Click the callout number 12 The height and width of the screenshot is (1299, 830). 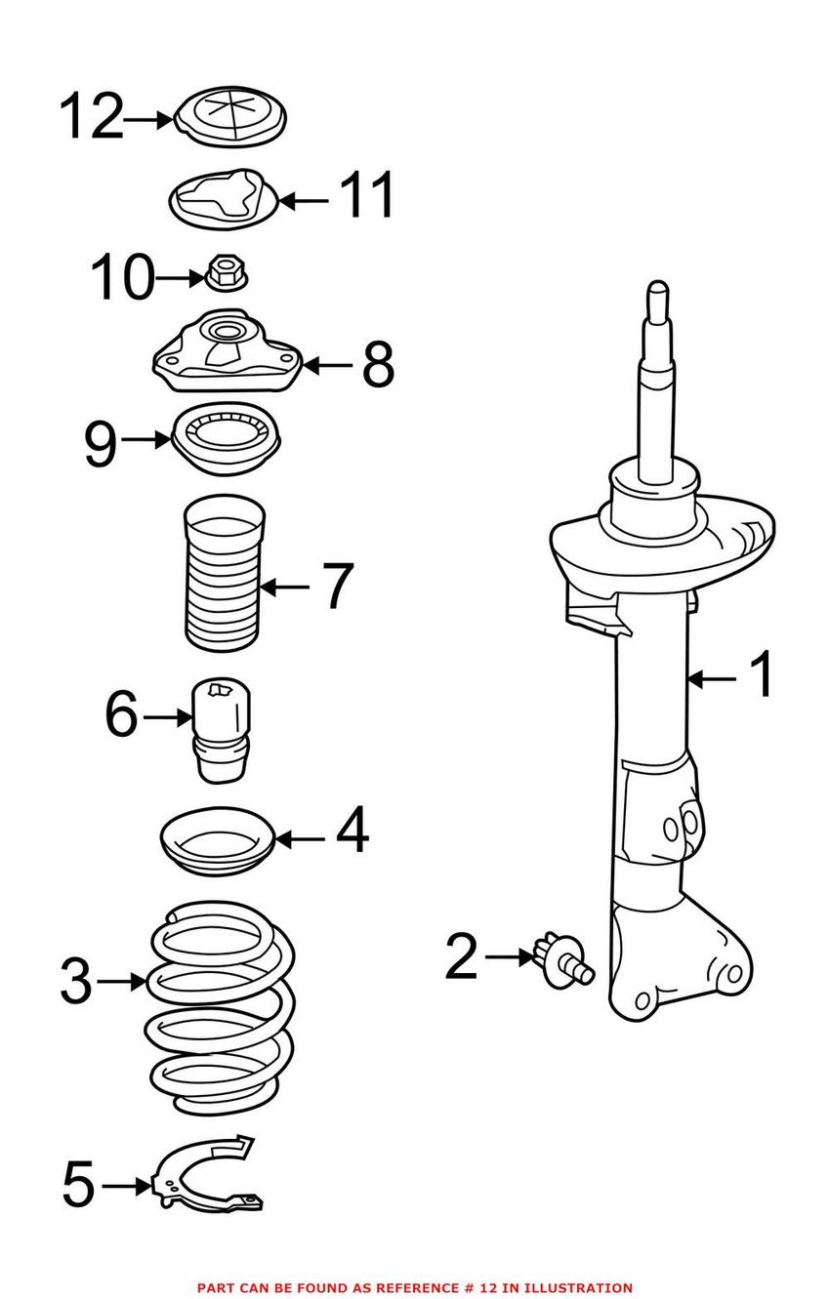tap(92, 118)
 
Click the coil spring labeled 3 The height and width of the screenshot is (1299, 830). tap(220, 1005)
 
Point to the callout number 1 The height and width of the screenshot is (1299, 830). tap(761, 675)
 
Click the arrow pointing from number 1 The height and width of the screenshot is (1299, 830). tap(713, 677)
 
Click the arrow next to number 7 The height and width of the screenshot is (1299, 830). tap(285, 587)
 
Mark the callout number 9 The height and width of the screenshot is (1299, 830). tap(101, 444)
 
